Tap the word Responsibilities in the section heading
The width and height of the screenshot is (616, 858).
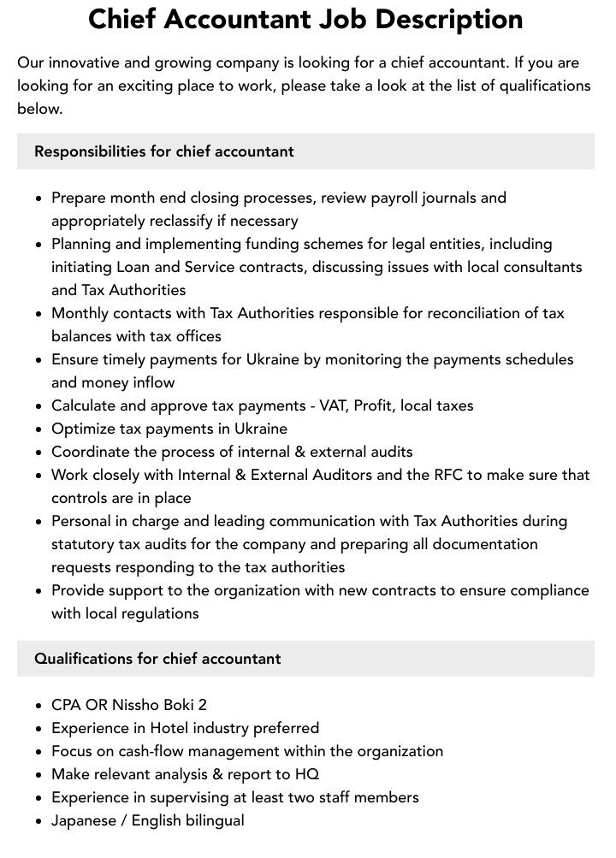90,151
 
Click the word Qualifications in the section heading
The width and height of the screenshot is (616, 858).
83,659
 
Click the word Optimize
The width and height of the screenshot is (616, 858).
84,429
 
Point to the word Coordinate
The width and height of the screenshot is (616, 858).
92,452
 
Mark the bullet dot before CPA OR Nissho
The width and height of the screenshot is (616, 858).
38,706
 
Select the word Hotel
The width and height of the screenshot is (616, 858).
170,728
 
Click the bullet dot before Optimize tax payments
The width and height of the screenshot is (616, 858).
38,429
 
